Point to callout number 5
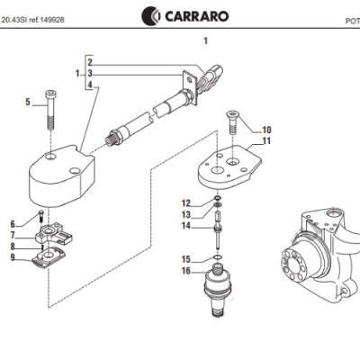[x=27, y=102]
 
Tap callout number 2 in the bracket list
[x=90, y=60]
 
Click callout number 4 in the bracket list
[x=90, y=85]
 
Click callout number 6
[x=13, y=224]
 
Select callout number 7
[x=13, y=236]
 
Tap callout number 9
[x=13, y=257]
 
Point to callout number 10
[x=266, y=130]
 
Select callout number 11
[x=266, y=141]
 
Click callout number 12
[x=185, y=202]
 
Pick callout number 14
[x=185, y=226]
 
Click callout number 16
[x=185, y=270]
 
